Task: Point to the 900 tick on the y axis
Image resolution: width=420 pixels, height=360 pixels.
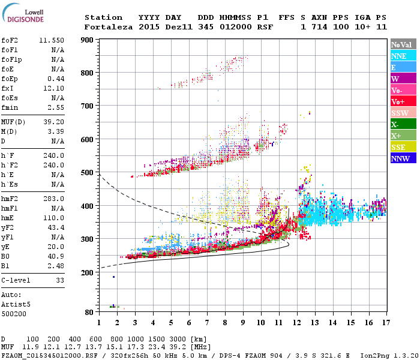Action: tap(88, 40)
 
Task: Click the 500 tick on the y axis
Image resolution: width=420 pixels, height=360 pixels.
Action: tap(88, 173)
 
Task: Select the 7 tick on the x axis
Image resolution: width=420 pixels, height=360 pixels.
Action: tap(207, 322)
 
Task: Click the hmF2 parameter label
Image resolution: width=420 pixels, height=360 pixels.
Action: tap(10, 199)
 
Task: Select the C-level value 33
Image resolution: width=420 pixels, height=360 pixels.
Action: tap(59, 280)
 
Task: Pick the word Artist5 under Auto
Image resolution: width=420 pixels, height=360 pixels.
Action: tap(14, 305)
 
